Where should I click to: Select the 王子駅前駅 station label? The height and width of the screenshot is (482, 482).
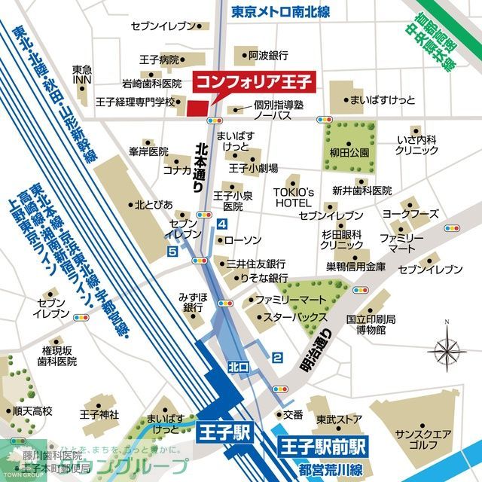pyautogui.click(x=323, y=444)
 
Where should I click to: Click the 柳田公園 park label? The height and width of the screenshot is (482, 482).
pyautogui.click(x=349, y=152)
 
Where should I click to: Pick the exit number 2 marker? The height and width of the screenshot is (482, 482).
pyautogui.click(x=277, y=337)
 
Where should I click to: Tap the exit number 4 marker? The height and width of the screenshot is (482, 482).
pyautogui.click(x=221, y=224)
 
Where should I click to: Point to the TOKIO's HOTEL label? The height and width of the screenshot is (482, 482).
pyautogui.click(x=292, y=197)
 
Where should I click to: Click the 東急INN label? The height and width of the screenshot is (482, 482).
pyautogui.click(x=82, y=75)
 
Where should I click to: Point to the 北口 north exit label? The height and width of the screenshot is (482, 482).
pyautogui.click(x=238, y=367)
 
